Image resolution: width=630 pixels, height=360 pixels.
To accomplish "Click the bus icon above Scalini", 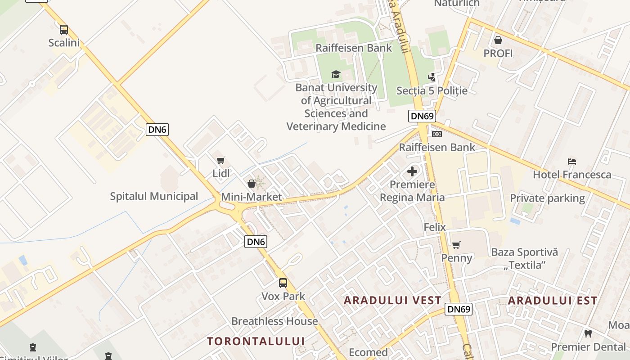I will tap(64, 30).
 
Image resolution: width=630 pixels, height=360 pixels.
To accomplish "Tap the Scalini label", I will tap(64, 43).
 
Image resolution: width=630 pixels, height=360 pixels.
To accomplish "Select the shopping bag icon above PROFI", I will tap(498, 40).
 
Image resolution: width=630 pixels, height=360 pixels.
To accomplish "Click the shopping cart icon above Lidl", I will tap(220, 160).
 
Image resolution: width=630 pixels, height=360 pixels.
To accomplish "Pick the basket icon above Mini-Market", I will tap(252, 184).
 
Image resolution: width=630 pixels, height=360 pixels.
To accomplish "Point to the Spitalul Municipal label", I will tap(154, 196).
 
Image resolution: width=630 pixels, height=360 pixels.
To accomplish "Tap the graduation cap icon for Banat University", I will tap(336, 74).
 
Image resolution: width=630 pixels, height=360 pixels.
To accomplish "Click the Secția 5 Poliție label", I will tap(432, 90).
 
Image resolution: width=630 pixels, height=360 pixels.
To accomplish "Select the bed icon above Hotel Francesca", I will tap(572, 162).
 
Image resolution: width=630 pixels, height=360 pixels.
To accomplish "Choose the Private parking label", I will tap(547, 198).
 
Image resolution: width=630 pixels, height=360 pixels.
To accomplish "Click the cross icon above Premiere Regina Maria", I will tap(412, 171).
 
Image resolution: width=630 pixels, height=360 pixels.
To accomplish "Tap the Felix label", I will tap(435, 227).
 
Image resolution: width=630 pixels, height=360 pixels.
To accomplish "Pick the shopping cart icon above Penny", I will tap(456, 245).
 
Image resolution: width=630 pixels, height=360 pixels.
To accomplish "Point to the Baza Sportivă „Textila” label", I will tap(524, 258).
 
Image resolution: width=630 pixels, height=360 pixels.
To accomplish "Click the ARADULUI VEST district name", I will tap(393, 301).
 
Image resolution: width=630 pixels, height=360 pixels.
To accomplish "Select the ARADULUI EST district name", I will tap(553, 301).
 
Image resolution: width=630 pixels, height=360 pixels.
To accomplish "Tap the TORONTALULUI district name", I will tap(256, 341).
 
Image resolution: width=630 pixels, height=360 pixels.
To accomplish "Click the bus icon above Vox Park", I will tap(283, 283).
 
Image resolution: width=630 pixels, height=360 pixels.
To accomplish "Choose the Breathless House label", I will tap(274, 321).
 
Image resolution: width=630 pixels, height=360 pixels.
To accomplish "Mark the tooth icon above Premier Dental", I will tap(588, 334).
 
